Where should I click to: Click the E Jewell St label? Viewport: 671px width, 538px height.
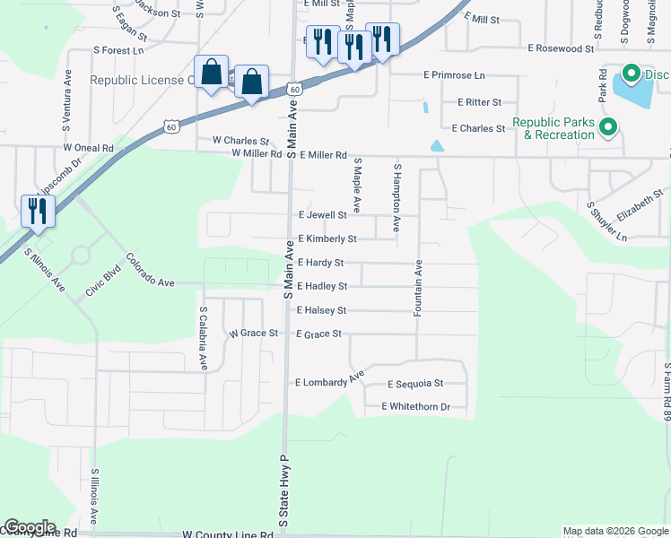pyautogui.click(x=322, y=215)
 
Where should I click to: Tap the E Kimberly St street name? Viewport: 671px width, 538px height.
pyautogui.click(x=327, y=239)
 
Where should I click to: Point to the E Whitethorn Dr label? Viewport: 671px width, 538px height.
pyautogui.click(x=415, y=407)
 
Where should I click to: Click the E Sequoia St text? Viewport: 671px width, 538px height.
pyautogui.click(x=415, y=384)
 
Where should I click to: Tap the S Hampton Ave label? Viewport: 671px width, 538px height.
pyautogui.click(x=396, y=187)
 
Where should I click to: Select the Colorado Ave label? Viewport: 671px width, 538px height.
pyautogui.click(x=150, y=271)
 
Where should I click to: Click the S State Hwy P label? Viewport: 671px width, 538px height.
pyautogui.click(x=283, y=491)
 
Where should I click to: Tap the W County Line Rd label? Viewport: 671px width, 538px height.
pyautogui.click(x=227, y=534)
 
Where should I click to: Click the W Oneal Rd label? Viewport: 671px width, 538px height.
pyautogui.click(x=88, y=147)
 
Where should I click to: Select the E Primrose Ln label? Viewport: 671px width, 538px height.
pyautogui.click(x=454, y=76)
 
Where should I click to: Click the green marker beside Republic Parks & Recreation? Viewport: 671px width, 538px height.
pyautogui.click(x=608, y=128)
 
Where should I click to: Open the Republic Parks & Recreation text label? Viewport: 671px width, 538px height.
pyautogui.click(x=553, y=128)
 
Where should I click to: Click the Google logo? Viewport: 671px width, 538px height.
pyautogui.click(x=30, y=527)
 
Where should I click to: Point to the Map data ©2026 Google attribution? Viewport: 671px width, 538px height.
pyautogui.click(x=615, y=532)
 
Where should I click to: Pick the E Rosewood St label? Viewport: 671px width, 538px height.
pyautogui.click(x=562, y=48)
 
